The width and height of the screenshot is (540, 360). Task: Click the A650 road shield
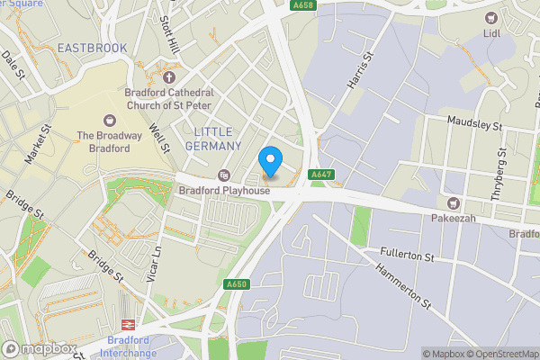[x=237, y=284]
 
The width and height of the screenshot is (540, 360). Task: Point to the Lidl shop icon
[x=491, y=18]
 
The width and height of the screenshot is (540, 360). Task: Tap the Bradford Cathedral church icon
[x=168, y=77]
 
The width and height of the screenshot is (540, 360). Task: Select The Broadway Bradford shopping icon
[x=110, y=120]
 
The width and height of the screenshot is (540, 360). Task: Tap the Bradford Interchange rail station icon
[x=128, y=324]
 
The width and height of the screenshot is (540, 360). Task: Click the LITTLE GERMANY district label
[x=218, y=139]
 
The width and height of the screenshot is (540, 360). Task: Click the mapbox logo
[x=38, y=348]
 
